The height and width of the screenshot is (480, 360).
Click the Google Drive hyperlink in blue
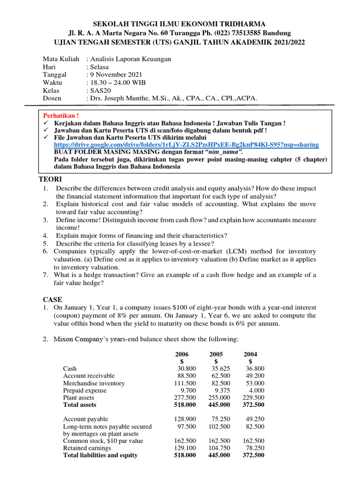(186, 145)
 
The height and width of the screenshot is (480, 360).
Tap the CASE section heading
(52, 300)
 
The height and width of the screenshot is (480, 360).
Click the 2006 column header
(182, 354)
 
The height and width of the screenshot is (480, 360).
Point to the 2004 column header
(250, 354)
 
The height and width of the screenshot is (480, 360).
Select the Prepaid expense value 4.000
(256, 390)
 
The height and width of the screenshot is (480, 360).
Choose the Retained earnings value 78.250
(255, 448)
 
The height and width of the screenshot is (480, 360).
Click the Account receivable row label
(89, 376)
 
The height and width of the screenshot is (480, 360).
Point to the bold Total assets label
(80, 405)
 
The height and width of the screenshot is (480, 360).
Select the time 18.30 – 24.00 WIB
(118, 82)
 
